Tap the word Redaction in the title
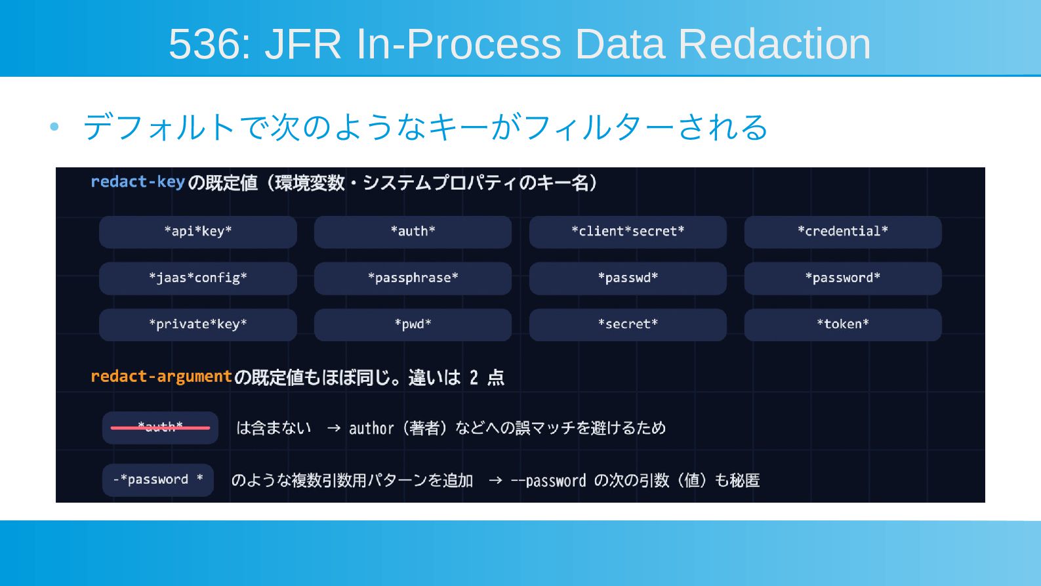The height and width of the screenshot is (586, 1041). coord(774,44)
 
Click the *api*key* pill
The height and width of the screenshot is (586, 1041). coord(198,232)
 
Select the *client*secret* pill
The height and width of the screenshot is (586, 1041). coord(628,232)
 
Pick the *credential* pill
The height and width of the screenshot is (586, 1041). coord(843,232)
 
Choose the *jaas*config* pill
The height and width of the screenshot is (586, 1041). coord(198,278)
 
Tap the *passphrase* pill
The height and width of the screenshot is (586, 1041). coord(413,278)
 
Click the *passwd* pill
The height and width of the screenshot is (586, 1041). coord(628,278)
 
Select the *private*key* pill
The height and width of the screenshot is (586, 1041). coord(198,325)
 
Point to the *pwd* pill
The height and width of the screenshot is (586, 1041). coord(413,325)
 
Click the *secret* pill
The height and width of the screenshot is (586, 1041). coord(628,325)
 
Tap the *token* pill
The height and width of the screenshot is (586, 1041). coord(843,325)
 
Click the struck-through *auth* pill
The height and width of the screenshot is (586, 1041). coord(160,427)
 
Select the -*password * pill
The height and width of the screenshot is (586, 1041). coord(158,480)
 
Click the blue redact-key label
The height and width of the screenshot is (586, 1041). coord(138,182)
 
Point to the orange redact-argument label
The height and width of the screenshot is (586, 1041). coord(161,376)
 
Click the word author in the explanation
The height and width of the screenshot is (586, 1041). coord(371,428)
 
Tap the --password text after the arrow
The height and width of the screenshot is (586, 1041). coord(548,480)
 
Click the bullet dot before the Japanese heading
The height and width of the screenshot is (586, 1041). coord(54,127)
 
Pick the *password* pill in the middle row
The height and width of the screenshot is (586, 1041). coord(843,278)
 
